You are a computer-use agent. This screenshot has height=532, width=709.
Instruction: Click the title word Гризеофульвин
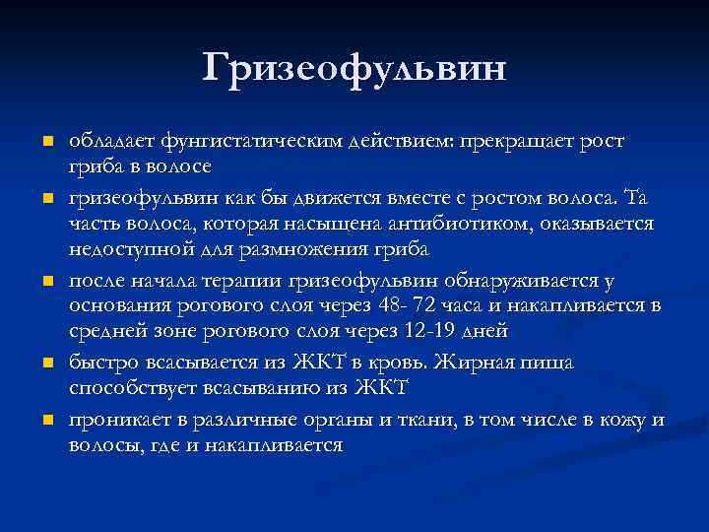[354, 68]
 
